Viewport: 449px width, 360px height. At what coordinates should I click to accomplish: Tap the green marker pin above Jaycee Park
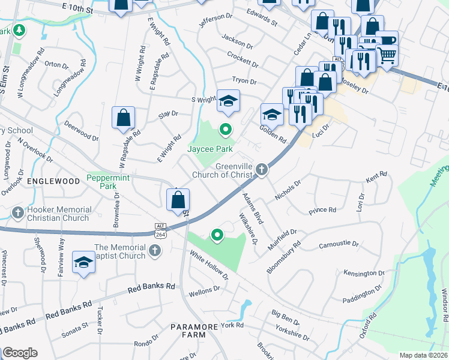pos(226,128)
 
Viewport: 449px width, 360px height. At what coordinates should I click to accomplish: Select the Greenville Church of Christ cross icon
pos(261,170)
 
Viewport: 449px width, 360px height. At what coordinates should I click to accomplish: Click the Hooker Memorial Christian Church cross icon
pos(18,212)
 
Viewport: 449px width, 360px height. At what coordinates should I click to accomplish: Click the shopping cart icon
pos(387,55)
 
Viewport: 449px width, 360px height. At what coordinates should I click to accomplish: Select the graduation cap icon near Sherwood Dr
pos(83,262)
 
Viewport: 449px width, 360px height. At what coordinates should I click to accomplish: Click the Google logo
pos(20,353)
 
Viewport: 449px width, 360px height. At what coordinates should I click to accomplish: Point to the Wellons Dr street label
pos(203,292)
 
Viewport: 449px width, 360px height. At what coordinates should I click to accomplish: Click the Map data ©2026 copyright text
pos(423,355)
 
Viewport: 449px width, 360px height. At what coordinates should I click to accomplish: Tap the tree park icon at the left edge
pos(19,29)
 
